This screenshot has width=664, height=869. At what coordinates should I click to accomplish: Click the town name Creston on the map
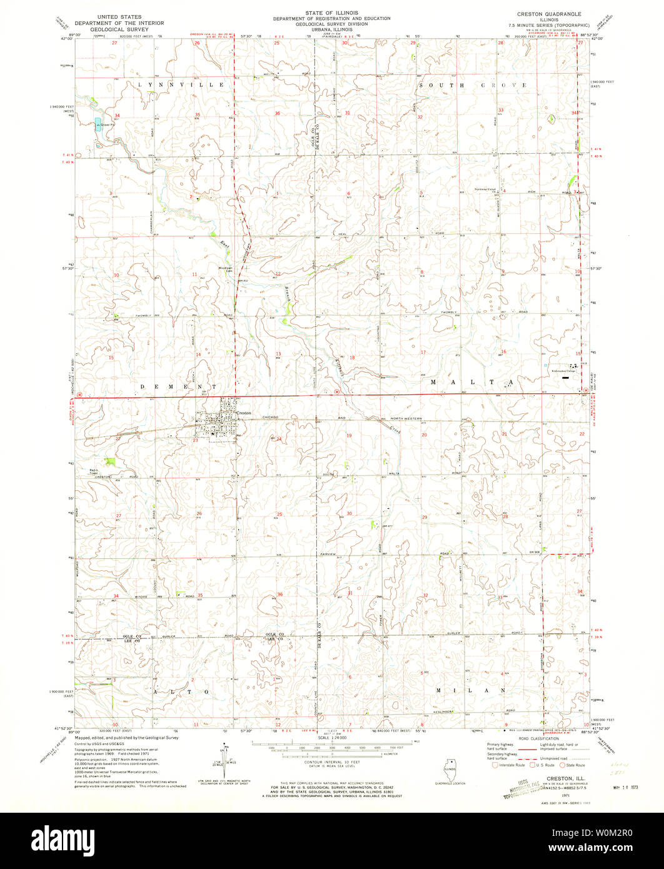244,404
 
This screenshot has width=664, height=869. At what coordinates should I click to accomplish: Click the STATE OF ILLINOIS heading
331,12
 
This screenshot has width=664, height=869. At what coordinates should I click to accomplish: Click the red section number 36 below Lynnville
277,113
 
